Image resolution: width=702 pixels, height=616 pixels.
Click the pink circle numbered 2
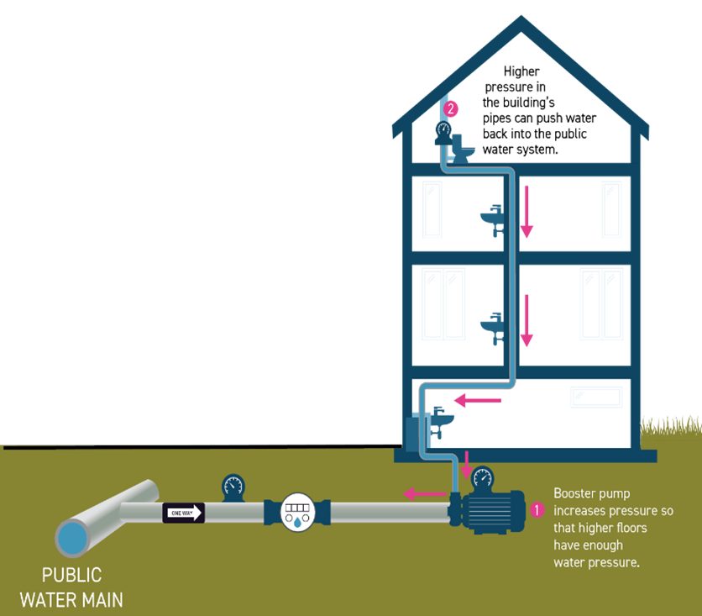(x=451, y=108)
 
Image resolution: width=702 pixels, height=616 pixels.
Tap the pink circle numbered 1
(x=538, y=508)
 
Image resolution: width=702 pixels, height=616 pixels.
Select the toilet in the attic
(x=463, y=148)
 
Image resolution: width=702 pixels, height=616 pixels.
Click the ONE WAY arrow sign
(x=184, y=513)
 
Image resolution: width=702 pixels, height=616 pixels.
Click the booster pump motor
(x=495, y=511)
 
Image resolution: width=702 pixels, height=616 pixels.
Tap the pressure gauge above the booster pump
(x=483, y=477)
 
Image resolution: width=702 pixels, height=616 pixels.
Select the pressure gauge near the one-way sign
(x=233, y=485)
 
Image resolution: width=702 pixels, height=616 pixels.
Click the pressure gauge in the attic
(x=443, y=129)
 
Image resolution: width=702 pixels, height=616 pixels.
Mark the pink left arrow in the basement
(x=477, y=401)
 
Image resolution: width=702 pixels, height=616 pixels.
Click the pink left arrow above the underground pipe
(x=425, y=493)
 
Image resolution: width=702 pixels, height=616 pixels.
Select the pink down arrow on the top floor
(x=526, y=210)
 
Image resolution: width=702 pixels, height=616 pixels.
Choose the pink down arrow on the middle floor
(x=526, y=320)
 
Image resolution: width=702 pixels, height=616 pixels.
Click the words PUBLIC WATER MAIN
(x=71, y=587)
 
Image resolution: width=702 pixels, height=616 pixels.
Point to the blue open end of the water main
(x=74, y=538)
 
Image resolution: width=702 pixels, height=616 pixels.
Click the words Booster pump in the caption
(x=591, y=493)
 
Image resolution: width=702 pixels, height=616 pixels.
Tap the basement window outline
(x=596, y=397)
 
